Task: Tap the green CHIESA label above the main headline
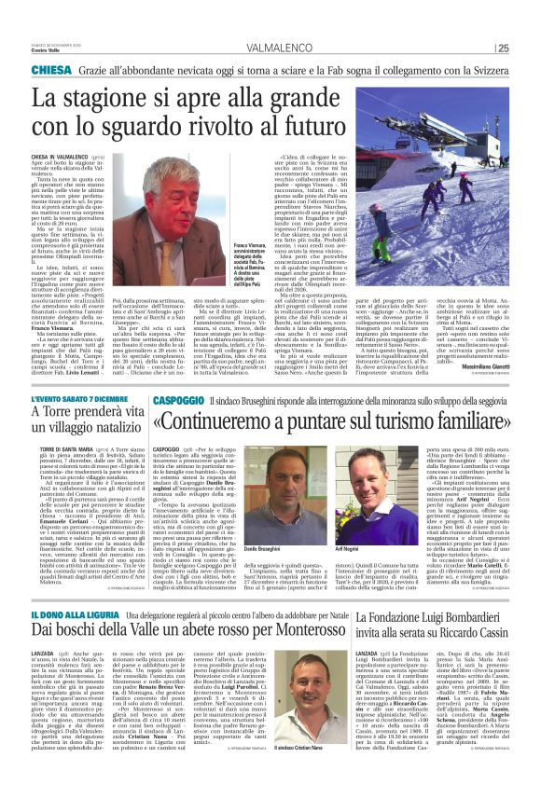(x=52, y=71)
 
